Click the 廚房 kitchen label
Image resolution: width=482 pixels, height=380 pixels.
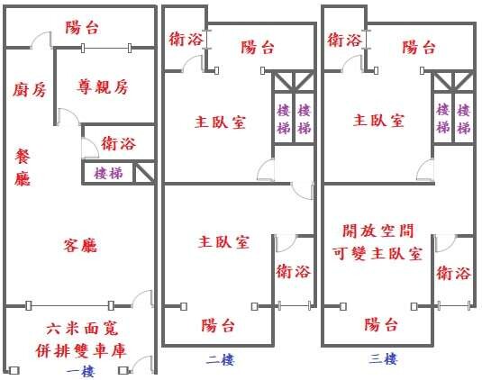pos(30,90)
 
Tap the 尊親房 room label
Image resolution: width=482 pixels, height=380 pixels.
pos(103,86)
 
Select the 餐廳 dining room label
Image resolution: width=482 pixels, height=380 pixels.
pos(23,167)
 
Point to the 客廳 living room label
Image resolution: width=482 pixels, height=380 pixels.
pos(80,245)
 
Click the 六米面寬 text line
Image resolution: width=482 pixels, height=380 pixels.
pos(82,329)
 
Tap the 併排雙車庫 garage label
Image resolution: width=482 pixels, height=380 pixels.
pos(81,350)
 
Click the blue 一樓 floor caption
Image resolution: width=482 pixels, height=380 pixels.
pos(80,371)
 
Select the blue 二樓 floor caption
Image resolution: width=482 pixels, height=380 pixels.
pos(220,360)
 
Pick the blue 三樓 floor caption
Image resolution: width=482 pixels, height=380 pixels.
pos(383,358)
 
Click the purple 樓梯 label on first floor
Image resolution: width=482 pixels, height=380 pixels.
pos(108,173)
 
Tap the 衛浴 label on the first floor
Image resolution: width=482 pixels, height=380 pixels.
pos(118,143)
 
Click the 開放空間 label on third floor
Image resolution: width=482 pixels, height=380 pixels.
pos(378,231)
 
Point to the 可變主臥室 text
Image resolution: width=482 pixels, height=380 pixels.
pos(377,254)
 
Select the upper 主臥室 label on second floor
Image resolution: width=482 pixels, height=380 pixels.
pos(220,122)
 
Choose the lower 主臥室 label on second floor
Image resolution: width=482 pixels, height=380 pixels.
pos(223,242)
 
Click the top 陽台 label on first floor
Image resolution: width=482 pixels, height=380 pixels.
pos(82,27)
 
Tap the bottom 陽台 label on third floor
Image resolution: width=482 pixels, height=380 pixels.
pos(381,324)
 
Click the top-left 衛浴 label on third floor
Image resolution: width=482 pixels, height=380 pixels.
pos(344,40)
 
